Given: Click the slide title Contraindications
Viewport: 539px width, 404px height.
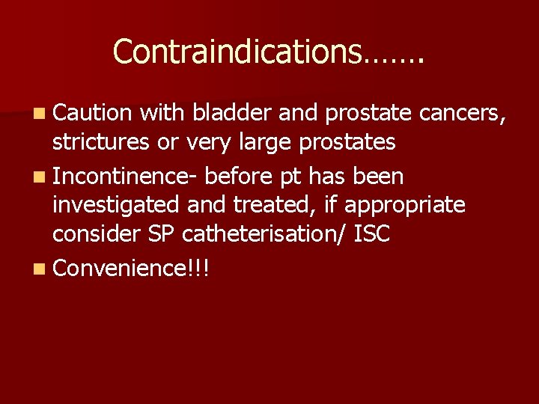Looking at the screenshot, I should [x=268, y=52].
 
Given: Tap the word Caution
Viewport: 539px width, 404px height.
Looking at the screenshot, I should [x=93, y=113].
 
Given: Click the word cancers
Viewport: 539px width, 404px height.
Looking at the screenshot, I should [x=463, y=113].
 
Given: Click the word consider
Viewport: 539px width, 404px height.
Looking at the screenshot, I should [x=94, y=233].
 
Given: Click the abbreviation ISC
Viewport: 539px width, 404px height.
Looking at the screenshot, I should [x=373, y=233].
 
